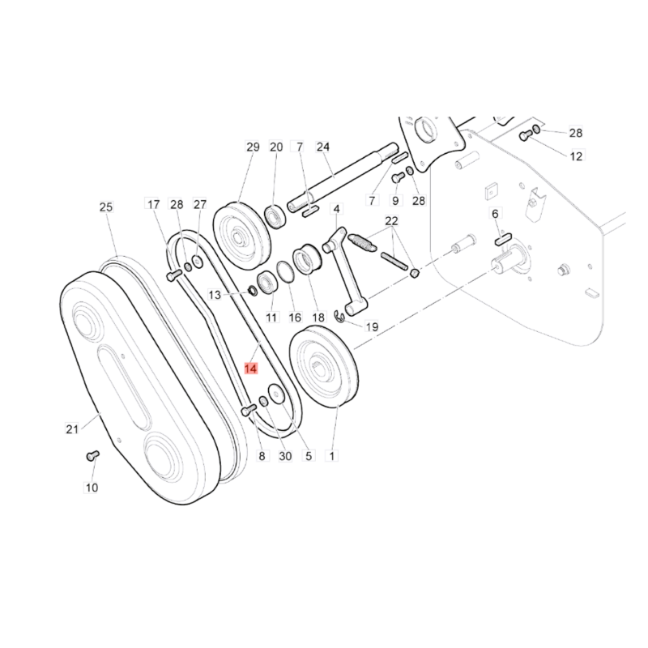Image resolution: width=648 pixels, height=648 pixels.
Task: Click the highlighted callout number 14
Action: pos(251,369)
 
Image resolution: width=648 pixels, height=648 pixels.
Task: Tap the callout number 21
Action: pos(72,429)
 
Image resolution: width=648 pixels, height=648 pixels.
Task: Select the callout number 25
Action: pos(106,207)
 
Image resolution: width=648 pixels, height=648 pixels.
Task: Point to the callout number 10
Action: pos(92,488)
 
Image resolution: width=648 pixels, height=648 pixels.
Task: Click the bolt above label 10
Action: pos(92,455)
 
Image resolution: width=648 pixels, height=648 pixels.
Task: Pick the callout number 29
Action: pos(253,147)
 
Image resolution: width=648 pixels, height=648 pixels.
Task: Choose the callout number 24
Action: pos(323,147)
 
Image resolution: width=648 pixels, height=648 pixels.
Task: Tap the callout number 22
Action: pos(391,220)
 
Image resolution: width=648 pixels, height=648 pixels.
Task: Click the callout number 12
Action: pos(576,156)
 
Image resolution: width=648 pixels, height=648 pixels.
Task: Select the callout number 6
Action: pos(495,213)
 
